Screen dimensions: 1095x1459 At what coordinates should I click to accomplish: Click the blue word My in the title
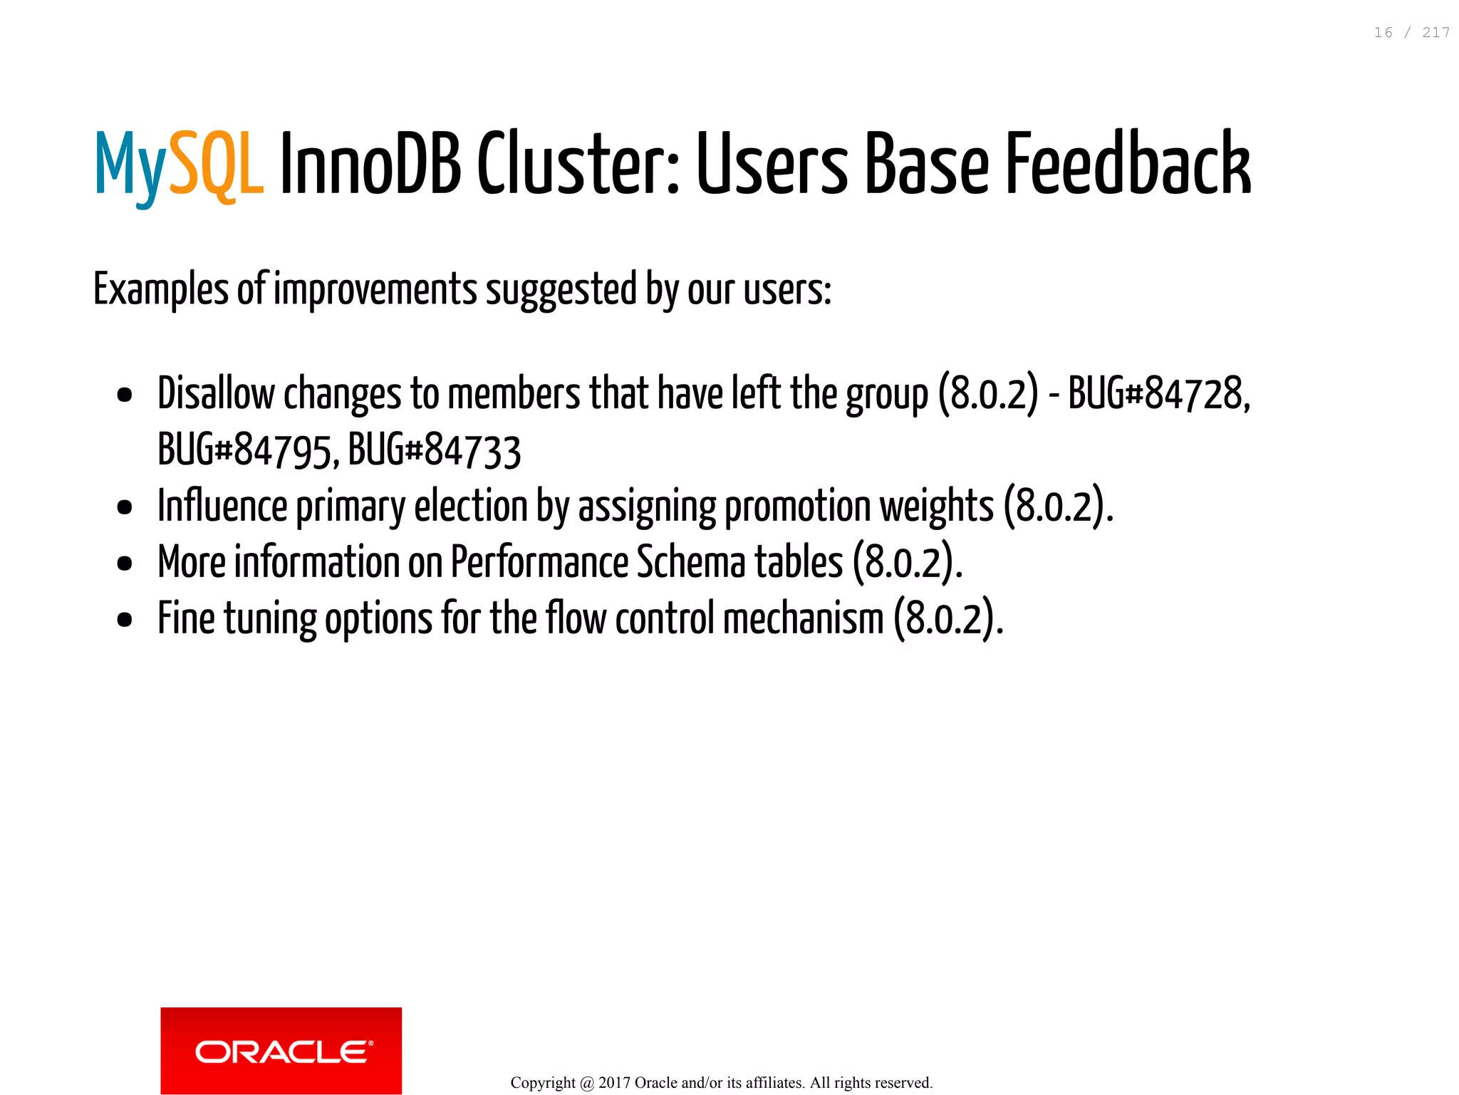[130, 165]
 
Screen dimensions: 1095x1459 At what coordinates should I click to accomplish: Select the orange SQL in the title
[217, 165]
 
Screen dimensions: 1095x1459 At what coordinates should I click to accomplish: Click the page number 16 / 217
[1411, 33]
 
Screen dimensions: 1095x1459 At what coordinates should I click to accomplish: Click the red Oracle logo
[281, 1050]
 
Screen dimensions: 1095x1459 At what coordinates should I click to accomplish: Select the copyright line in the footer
[721, 1083]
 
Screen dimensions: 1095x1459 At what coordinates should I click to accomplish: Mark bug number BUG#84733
[435, 450]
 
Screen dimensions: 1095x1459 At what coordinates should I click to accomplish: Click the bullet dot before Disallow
[125, 395]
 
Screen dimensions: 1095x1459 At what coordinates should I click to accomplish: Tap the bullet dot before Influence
[125, 507]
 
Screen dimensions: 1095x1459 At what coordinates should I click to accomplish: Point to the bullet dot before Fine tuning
[125, 619]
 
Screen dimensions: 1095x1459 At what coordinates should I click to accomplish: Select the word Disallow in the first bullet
[216, 393]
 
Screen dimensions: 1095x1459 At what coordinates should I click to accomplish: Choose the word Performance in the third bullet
[539, 562]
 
